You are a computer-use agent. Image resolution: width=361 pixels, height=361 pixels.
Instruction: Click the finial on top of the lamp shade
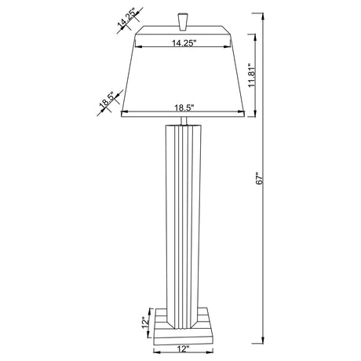pos(184,20)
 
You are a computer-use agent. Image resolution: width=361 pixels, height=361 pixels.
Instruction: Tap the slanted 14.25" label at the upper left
pos(128,19)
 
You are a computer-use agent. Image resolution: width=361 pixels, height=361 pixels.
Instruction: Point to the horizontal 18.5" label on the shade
pos(184,109)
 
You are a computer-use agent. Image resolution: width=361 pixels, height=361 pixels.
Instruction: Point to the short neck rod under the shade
pos(185,122)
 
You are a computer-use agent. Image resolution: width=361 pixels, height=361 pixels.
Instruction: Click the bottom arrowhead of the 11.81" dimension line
pos(250,115)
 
